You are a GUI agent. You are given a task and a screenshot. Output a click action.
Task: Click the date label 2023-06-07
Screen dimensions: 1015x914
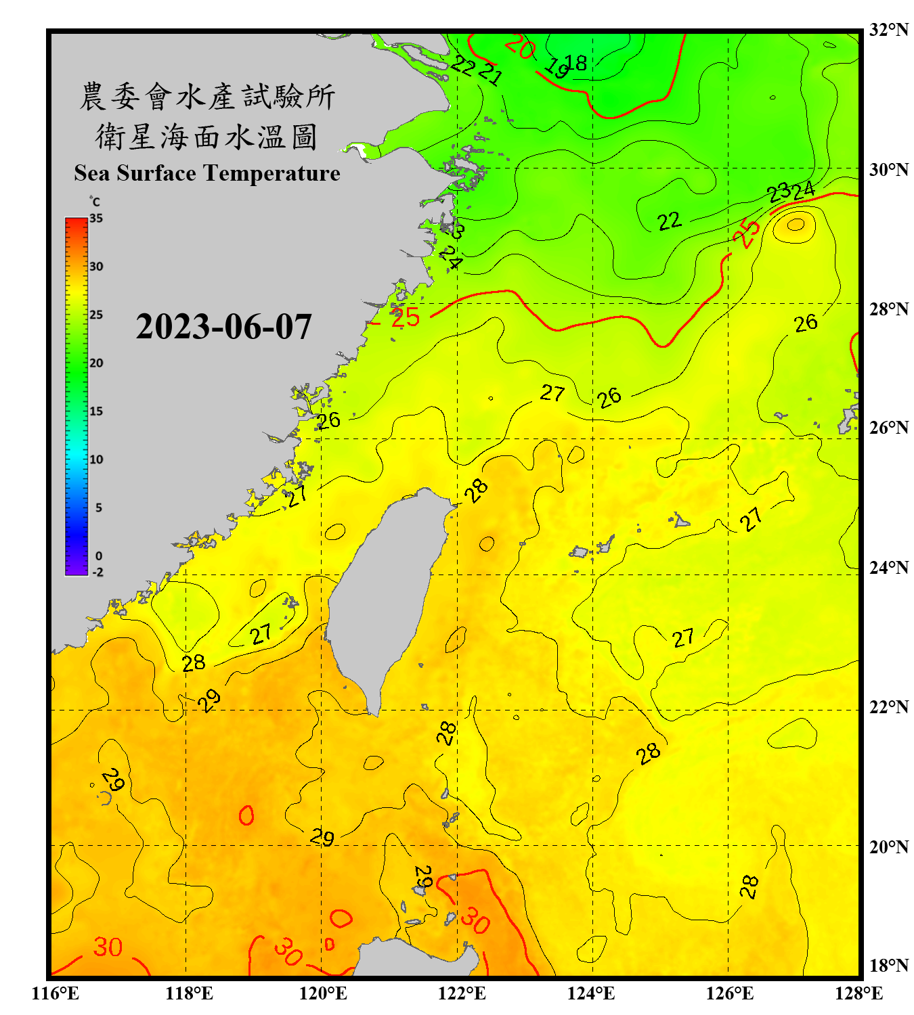coord(223,327)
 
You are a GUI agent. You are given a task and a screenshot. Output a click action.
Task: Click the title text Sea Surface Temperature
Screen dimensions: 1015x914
coord(207,173)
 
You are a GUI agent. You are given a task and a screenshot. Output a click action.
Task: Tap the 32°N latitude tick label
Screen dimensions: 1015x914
coord(889,30)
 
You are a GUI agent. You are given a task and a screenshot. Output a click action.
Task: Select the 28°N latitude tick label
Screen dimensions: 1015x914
coord(889,309)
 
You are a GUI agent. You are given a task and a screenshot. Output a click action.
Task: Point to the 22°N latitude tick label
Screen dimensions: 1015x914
coord(889,707)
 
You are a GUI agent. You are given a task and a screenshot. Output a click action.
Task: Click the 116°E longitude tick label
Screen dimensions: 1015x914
coord(56,993)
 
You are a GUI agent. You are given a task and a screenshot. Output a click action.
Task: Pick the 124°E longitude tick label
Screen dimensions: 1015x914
coord(591,993)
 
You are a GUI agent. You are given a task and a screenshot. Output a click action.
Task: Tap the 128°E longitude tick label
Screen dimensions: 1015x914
coord(858,993)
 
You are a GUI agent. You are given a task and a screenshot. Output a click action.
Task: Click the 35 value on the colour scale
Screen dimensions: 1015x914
coord(96,219)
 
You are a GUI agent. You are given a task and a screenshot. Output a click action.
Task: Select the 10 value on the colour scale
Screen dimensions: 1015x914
coord(96,459)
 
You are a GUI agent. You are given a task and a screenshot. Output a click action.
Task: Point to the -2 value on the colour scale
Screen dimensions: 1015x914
coord(97,572)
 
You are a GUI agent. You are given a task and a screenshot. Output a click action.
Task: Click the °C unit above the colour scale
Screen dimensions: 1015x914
coord(95,202)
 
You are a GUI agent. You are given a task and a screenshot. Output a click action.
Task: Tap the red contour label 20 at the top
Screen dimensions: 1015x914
coord(520,47)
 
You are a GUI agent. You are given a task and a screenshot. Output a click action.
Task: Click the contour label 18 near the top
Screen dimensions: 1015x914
coord(577,63)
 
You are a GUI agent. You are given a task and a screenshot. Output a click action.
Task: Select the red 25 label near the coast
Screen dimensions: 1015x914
coord(406,317)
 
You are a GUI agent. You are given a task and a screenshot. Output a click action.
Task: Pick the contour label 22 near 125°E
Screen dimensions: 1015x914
coord(669,221)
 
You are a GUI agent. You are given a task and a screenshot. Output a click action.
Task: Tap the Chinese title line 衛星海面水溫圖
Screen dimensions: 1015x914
coord(206,137)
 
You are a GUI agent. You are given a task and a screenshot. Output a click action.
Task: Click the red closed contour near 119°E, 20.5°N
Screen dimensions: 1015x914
coord(246,815)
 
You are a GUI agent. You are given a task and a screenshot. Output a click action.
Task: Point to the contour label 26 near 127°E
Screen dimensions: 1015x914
coord(806,323)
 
